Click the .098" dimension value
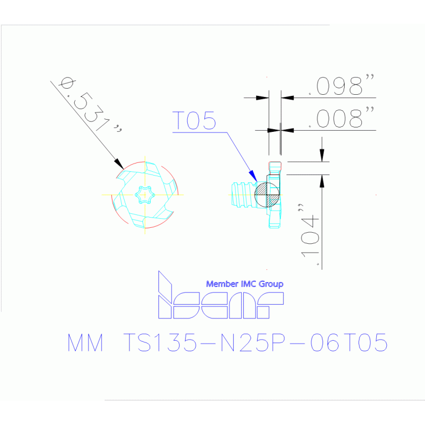(341, 85)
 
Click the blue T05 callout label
(194, 120)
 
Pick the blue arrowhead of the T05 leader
(253, 176)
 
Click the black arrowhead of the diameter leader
(119, 164)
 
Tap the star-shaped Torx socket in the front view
(145, 194)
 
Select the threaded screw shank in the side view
(243, 195)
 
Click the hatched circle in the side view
(267, 194)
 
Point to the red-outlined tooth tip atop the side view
(275, 166)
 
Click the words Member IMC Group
(245, 284)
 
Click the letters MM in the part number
(85, 342)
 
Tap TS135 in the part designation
(160, 342)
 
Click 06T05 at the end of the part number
(349, 342)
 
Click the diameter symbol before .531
(67, 83)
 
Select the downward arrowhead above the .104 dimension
(322, 155)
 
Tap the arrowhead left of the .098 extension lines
(263, 98)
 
